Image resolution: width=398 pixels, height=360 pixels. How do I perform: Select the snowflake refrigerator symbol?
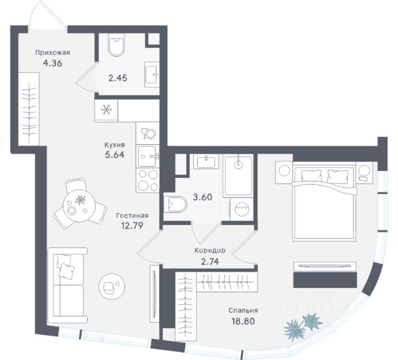106,110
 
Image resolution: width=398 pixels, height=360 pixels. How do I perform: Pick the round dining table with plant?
78,203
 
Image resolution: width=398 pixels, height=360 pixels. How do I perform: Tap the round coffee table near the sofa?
110,285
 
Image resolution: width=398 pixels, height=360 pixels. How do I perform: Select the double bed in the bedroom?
323,201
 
